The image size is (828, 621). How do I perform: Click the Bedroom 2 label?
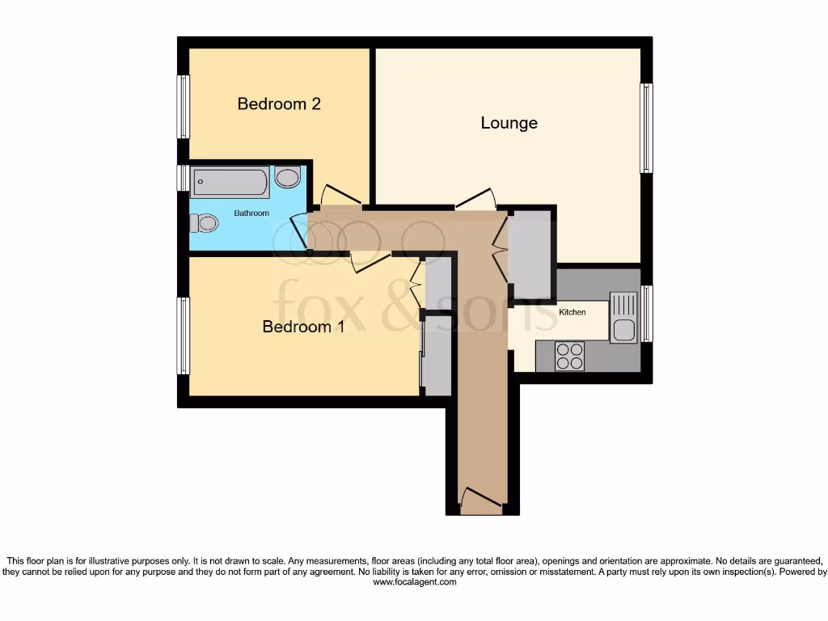coord(278,103)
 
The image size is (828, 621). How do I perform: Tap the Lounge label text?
coord(509,123)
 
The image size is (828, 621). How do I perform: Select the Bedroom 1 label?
coord(297,327)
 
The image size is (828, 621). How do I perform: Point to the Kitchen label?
coord(572,311)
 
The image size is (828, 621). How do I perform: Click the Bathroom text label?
coord(251,213)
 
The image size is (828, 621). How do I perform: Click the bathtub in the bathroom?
coord(230,183)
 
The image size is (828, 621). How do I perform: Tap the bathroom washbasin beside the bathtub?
coord(287,177)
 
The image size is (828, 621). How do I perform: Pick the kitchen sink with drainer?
coord(623,317)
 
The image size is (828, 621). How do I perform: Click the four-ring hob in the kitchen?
coord(569,356)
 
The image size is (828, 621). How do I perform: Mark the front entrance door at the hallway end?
coord(480,501)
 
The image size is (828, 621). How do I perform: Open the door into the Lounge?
coord(475,200)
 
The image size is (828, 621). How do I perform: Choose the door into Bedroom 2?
coord(340,196)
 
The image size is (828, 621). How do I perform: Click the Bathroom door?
coord(299,230)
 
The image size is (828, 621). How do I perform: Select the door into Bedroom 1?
coord(370,260)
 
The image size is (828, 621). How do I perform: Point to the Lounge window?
coord(646,128)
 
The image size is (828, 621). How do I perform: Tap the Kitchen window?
coord(646,313)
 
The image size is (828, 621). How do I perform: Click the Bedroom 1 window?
coord(184,336)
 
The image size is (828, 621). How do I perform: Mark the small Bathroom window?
coord(184,178)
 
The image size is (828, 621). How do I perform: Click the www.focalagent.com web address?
coord(413,581)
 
